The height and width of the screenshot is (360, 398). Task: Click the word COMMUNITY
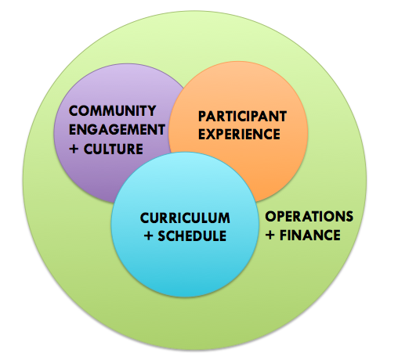[112, 111]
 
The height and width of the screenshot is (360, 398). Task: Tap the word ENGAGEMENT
[117, 130]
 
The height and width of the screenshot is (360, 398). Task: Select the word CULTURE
[114, 149]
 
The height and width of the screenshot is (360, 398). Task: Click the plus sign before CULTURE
[74, 149]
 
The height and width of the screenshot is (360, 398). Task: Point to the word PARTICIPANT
[242, 117]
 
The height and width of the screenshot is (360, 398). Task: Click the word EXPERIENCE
[239, 134]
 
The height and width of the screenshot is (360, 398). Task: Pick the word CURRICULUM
[185, 218]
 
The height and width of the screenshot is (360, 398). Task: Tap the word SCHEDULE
[192, 236]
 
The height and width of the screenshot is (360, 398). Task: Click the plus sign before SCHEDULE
[148, 236]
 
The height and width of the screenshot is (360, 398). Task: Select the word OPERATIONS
[309, 216]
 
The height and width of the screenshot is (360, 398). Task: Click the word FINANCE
[310, 235]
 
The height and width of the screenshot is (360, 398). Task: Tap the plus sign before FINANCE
[270, 235]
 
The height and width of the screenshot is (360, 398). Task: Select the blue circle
[185, 261]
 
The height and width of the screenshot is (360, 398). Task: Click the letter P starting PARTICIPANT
[202, 117]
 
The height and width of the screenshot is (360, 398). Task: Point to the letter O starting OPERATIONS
[271, 216]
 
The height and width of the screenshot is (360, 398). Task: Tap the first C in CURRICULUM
[145, 218]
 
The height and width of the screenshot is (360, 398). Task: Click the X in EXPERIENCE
[213, 134]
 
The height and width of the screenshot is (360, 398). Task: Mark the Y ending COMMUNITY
[151, 111]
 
